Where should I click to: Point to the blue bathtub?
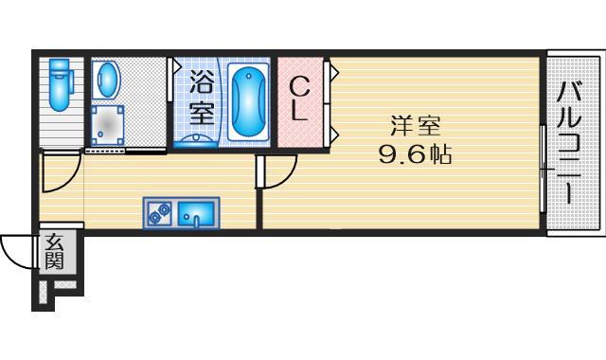[x=248, y=101]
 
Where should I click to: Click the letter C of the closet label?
[x=297, y=85]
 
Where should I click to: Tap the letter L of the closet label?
[x=297, y=112]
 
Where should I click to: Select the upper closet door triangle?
[x=332, y=71]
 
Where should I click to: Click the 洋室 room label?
[x=414, y=125]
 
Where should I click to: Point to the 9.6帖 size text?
[x=414, y=154]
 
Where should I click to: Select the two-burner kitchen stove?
[x=158, y=213]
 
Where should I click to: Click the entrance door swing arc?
[x=16, y=251]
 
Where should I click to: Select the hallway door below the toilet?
[x=60, y=172]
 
